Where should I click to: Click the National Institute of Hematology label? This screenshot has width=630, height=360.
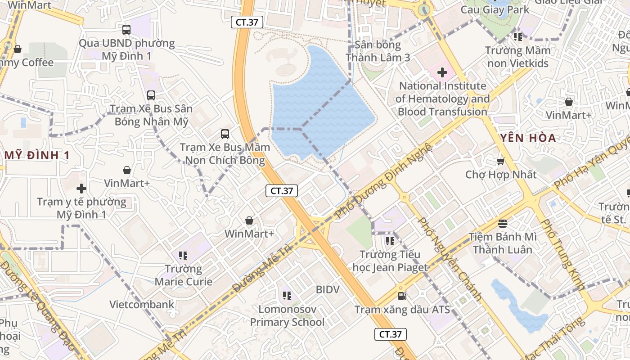click(443, 99)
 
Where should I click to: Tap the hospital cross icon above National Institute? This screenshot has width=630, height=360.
click(442, 72)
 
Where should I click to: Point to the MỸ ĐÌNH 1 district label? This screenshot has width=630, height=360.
click(37, 156)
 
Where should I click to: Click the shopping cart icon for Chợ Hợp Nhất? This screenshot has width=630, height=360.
click(500, 161)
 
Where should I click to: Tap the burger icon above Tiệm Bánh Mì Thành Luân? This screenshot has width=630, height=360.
click(503, 223)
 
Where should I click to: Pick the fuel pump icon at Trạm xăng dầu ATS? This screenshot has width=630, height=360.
click(402, 296)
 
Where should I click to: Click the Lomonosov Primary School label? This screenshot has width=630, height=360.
click(287, 315)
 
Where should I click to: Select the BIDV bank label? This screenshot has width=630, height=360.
click(327, 289)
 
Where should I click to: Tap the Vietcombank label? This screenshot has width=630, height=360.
click(142, 305)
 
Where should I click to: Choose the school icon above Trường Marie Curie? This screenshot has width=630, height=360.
click(183, 256)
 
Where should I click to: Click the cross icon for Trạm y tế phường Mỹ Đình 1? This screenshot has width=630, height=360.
click(81, 188)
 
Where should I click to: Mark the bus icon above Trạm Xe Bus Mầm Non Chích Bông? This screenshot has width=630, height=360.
click(225, 134)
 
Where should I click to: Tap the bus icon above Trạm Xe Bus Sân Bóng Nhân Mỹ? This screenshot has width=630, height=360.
click(151, 95)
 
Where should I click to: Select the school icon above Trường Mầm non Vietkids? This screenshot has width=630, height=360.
click(517, 36)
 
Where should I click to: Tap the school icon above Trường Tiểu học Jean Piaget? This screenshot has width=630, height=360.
click(390, 241)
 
